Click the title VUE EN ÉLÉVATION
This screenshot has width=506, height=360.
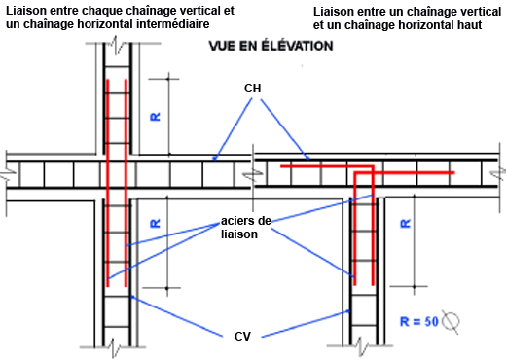point(271,46)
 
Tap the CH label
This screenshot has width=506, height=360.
point(253,88)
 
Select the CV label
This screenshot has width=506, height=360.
point(241,336)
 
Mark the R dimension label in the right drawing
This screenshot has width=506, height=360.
point(405,223)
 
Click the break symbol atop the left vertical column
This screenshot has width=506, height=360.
point(118,46)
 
